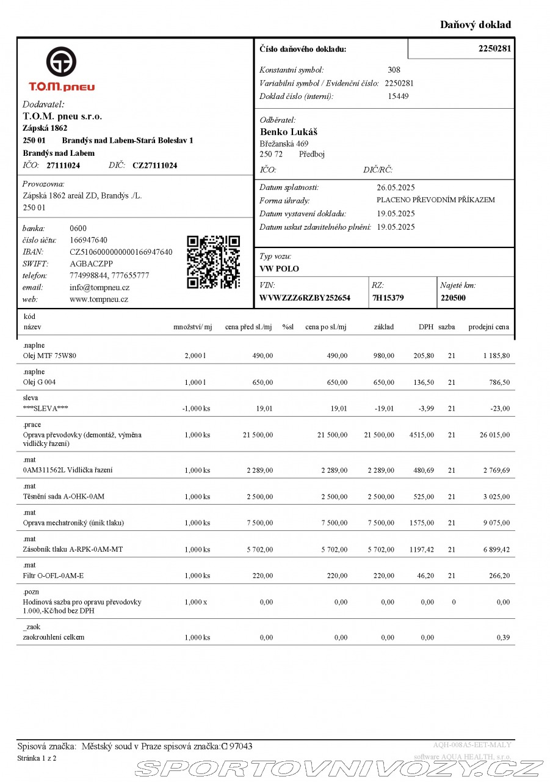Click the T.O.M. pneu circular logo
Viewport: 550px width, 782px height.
61,62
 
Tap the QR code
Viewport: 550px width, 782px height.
213,262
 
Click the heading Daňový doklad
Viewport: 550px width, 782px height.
476,25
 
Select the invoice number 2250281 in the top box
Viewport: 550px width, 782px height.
494,48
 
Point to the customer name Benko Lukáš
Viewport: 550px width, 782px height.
289,132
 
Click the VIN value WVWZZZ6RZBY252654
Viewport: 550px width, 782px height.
305,298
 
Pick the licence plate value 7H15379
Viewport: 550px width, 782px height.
388,298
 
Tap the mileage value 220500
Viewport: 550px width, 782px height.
453,298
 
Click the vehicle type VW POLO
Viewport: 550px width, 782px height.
279,269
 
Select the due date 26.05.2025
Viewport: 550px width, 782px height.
396,188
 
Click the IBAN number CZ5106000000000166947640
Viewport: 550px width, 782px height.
121,252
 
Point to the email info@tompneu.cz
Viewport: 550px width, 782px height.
100,287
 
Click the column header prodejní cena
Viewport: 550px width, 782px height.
488,327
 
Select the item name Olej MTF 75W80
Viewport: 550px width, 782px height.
49,356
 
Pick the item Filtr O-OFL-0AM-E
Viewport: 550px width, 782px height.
53,576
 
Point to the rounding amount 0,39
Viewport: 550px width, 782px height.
504,637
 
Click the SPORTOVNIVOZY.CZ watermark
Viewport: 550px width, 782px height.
339,768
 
